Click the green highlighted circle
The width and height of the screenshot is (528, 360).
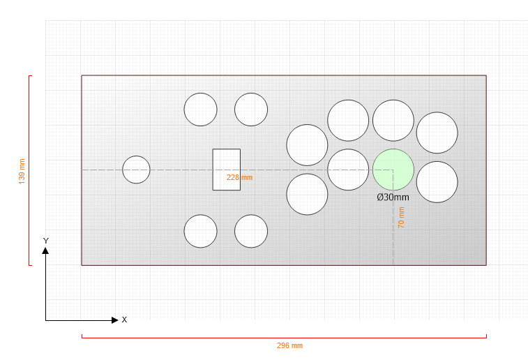point(393,170)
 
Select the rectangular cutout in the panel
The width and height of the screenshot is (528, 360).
point(226,170)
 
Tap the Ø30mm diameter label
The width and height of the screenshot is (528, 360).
point(393,197)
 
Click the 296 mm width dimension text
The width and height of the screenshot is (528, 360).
point(289,345)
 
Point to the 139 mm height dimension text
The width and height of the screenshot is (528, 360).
point(22,172)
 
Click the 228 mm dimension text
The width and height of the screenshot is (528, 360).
point(239,177)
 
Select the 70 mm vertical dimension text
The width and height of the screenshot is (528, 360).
point(401,218)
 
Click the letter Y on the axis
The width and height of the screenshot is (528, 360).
point(46,241)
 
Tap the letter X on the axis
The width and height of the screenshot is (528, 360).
point(124,320)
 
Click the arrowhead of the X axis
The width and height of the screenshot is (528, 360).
point(115,320)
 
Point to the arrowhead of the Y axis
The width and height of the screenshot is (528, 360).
point(45,250)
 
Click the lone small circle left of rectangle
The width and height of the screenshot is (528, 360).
point(136,170)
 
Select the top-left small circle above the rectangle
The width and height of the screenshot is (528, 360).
point(200,110)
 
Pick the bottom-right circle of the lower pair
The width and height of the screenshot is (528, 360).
point(251,231)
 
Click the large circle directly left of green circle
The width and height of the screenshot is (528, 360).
point(348,170)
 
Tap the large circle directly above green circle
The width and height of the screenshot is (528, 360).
point(393,120)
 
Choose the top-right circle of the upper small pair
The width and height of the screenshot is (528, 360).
point(251,110)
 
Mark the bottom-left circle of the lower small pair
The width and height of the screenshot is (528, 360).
point(200,231)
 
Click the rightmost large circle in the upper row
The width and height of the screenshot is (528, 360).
point(437,133)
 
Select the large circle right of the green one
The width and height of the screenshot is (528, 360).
point(437,182)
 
